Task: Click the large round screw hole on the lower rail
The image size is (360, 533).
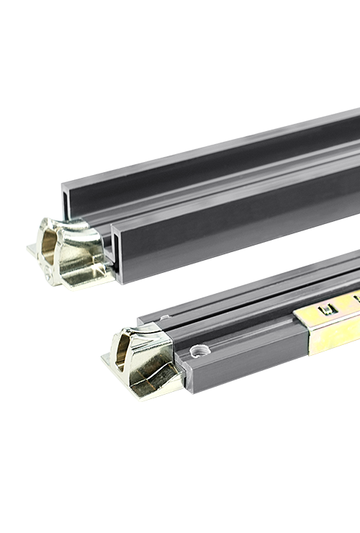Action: (x=201, y=351)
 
